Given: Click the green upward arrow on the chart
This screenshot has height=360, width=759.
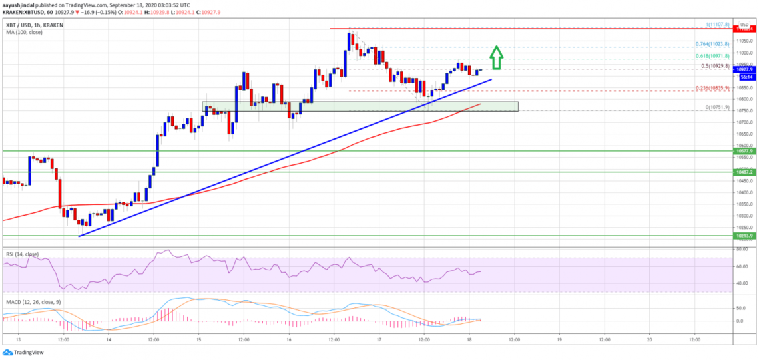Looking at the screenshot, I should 497,57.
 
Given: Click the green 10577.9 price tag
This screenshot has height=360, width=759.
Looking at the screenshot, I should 745,151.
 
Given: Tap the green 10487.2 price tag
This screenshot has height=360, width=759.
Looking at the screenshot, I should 745,172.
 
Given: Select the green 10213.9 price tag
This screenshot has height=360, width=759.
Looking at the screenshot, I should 745,236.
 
